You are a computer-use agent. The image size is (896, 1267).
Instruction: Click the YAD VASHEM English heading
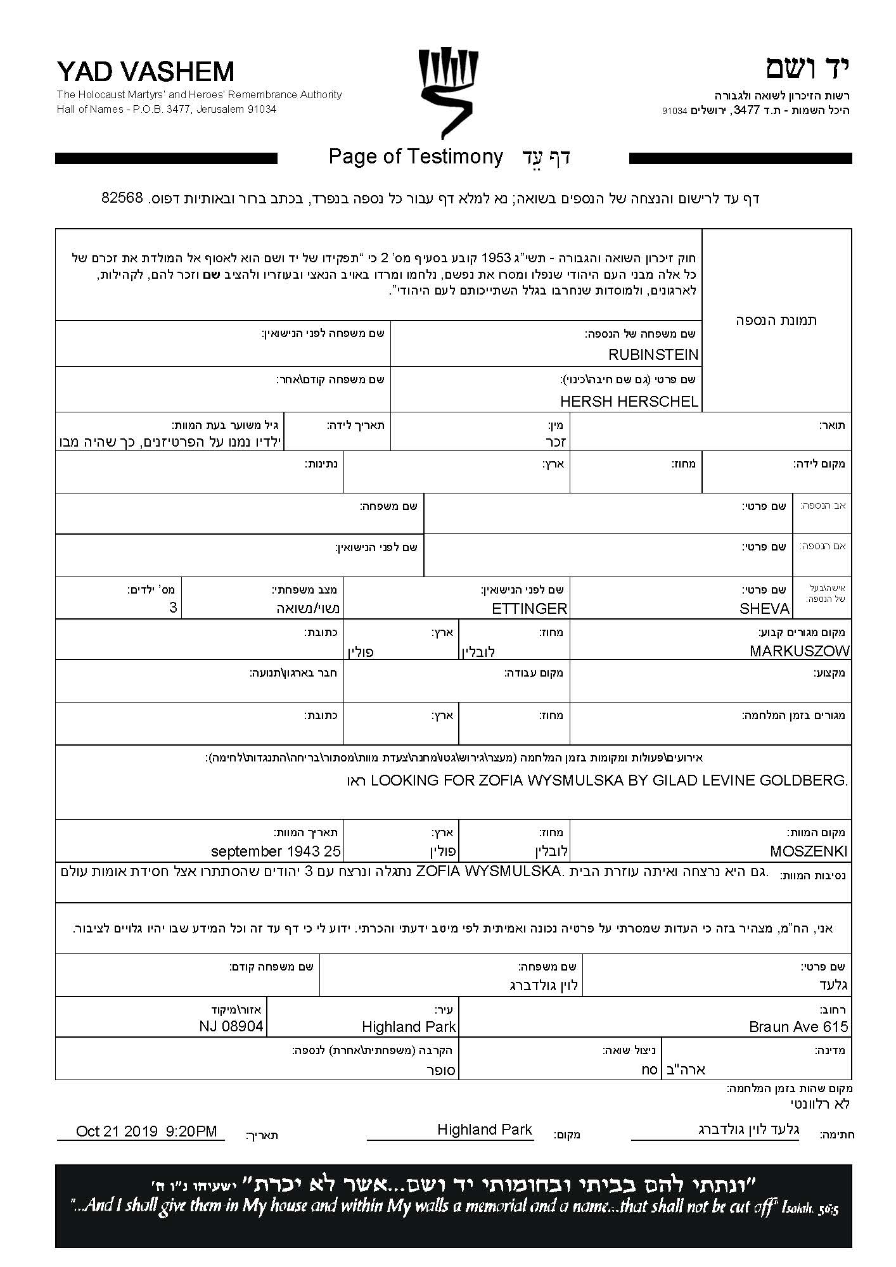click(145, 72)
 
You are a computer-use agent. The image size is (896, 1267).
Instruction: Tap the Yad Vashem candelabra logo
click(448, 94)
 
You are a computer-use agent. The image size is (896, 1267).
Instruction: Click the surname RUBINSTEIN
click(653, 354)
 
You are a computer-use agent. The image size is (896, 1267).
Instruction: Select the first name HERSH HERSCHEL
click(629, 401)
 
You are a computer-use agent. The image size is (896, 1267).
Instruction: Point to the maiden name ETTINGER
click(529, 609)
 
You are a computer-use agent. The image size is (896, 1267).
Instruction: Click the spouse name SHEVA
click(764, 609)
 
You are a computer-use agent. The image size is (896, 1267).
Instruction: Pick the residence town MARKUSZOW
click(799, 651)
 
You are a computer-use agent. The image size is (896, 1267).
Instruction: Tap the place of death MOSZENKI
click(809, 851)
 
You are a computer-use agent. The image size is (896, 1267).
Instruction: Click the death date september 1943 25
click(276, 851)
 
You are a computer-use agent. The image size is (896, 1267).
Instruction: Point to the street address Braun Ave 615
click(798, 1027)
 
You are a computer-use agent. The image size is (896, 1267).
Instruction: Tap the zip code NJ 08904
click(231, 1026)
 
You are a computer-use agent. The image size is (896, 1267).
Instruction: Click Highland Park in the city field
click(409, 1027)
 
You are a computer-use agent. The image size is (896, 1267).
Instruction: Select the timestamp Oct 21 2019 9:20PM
click(146, 1131)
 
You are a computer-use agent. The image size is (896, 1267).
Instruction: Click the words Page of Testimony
click(416, 156)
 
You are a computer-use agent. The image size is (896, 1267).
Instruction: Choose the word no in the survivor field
click(650, 1069)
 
